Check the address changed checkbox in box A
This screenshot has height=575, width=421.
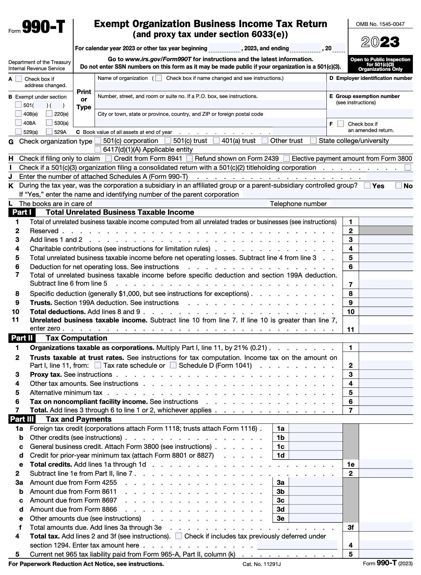tap(19, 79)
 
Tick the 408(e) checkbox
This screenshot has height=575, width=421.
tap(19, 114)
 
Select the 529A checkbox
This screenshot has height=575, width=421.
tap(49, 132)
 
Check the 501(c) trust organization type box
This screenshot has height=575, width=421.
tap(168, 141)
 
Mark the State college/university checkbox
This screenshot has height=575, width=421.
tap(313, 141)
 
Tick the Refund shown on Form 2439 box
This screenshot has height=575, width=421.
tap(190, 159)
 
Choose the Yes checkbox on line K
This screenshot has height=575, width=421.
tap(367, 186)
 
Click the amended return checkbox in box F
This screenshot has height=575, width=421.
tap(340, 124)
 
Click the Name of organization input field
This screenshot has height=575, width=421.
tap(211, 86)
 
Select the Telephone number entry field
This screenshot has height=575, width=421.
tap(371, 204)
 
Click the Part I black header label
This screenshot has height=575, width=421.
tap(22, 213)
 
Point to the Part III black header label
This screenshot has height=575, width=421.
tap(22, 419)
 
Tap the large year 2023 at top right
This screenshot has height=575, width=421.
tap(380, 42)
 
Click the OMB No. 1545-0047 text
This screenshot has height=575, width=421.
tap(380, 24)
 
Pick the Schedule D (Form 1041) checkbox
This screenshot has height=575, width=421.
tap(173, 365)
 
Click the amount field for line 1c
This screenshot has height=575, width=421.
tap(315, 447)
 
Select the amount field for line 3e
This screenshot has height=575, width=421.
tap(315, 518)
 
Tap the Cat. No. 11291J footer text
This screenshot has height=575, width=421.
tap(261, 564)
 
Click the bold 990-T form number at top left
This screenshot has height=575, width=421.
tap(43, 27)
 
